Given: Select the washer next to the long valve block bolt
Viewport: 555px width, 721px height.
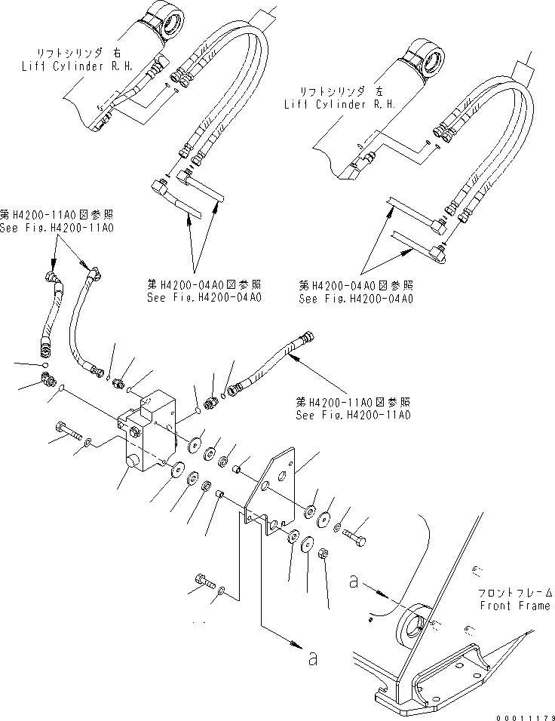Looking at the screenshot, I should point(88,441).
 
